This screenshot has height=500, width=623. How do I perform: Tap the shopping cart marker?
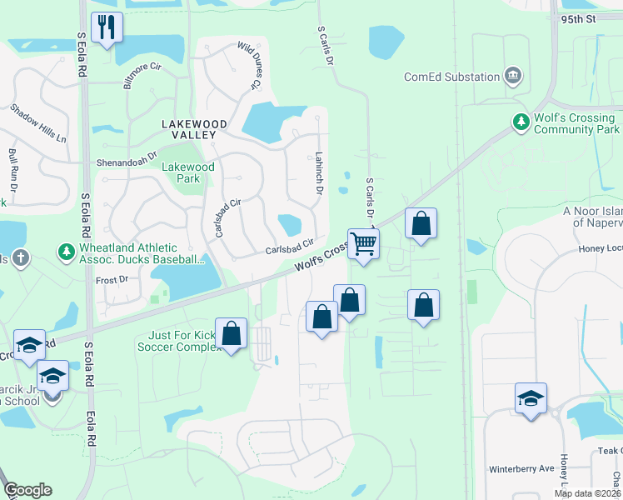[x=363, y=244]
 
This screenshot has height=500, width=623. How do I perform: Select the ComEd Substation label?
[x=451, y=77]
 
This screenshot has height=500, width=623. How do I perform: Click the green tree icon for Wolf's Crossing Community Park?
[x=521, y=122]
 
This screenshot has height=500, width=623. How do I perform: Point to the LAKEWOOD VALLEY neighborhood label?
[x=188, y=129]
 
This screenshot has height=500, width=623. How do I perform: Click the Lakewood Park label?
[x=187, y=172]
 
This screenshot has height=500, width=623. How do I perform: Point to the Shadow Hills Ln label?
[x=38, y=122]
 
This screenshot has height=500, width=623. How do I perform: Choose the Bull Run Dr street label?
[x=12, y=167]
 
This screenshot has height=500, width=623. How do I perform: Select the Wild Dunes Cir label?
[x=249, y=67]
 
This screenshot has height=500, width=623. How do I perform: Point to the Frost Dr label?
[x=111, y=281]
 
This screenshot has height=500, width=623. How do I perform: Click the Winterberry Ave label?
[x=521, y=468]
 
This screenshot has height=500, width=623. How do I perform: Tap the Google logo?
[x=27, y=490]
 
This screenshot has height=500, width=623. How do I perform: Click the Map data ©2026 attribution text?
[x=587, y=493]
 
